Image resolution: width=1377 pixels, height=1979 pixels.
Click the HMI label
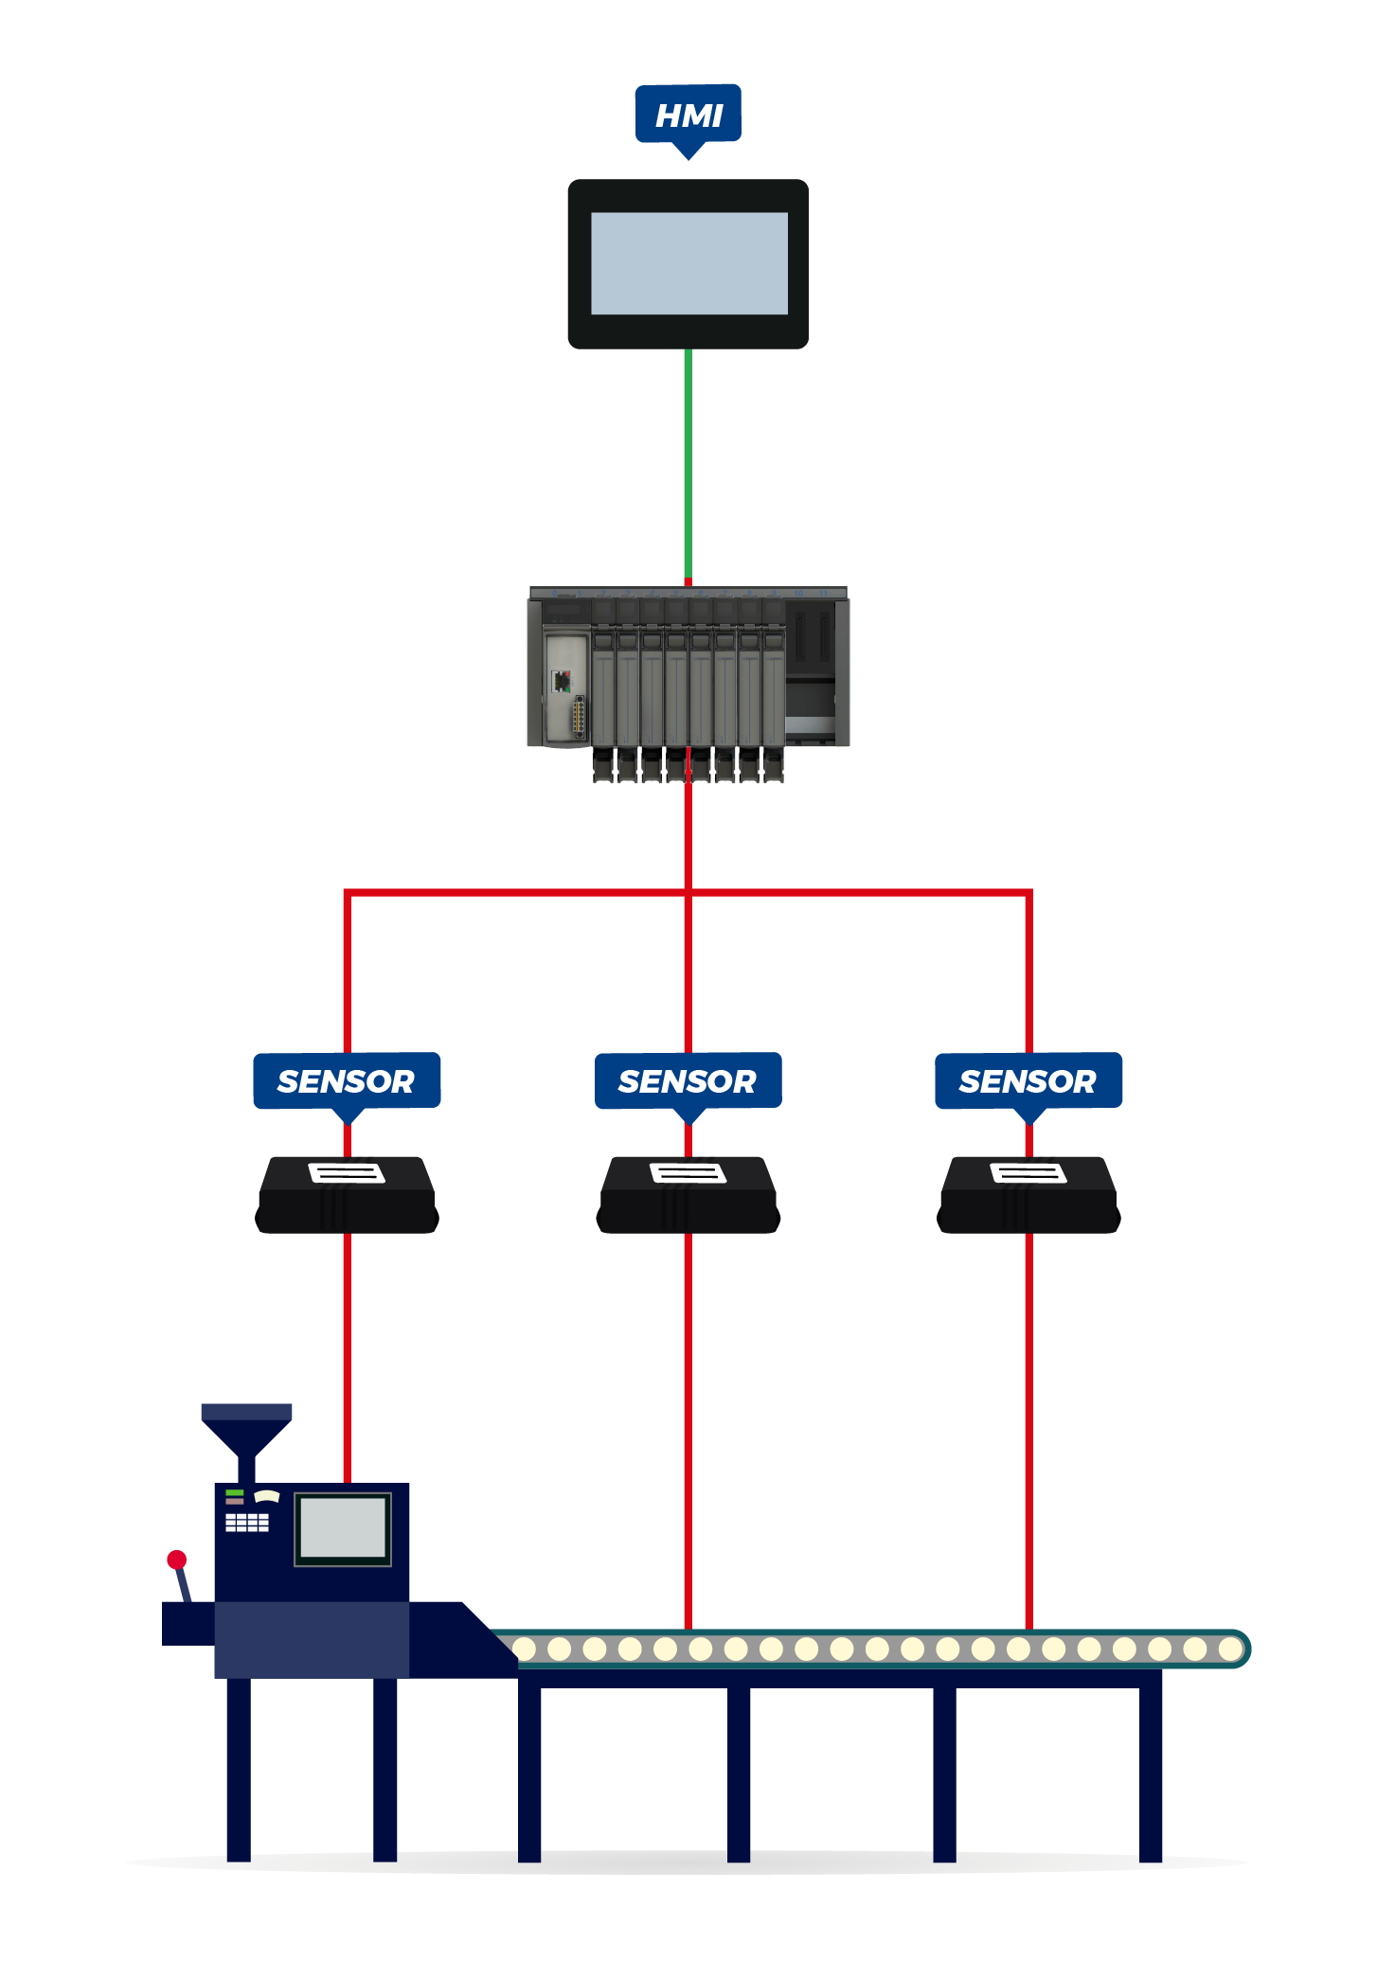688,115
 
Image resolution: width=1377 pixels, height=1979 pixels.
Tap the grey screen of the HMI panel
688,263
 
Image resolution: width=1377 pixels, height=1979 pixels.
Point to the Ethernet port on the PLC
562,681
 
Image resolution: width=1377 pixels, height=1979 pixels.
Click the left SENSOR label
347,1080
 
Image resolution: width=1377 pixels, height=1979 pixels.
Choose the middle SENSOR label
688,1080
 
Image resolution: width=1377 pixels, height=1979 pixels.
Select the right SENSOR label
1028,1080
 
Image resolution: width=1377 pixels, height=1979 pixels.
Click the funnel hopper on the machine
246,1426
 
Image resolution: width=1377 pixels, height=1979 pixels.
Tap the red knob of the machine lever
177,1560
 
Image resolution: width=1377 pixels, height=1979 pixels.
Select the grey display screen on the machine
342,1528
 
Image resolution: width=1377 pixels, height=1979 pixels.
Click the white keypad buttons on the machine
246,1522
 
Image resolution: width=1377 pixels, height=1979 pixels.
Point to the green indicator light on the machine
235,1492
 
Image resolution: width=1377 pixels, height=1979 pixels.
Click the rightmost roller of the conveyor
1229,1649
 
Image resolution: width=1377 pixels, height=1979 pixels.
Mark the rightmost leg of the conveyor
1151,1771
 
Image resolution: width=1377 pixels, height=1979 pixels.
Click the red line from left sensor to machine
347,1354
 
